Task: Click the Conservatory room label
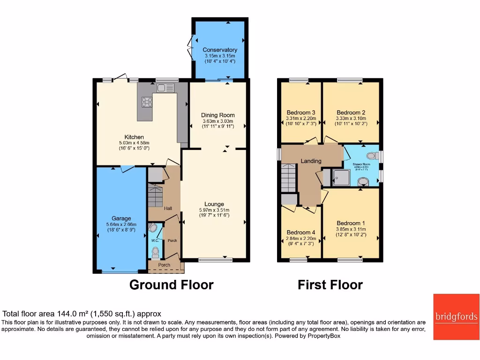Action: click(x=219, y=50)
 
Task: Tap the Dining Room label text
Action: click(x=217, y=115)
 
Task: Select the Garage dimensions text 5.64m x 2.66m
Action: click(x=121, y=225)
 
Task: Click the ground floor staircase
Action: click(x=155, y=195)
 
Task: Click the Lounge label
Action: click(x=214, y=204)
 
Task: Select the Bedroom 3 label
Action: click(x=300, y=112)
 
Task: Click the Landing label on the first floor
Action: click(x=311, y=161)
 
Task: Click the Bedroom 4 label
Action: click(x=300, y=232)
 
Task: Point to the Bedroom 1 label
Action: click(x=351, y=223)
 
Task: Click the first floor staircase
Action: click(x=290, y=178)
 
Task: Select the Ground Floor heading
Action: click(x=171, y=285)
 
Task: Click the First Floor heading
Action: click(x=330, y=285)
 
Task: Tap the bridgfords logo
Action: click(x=456, y=317)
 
